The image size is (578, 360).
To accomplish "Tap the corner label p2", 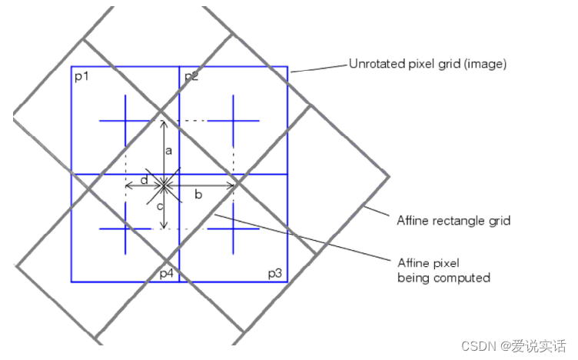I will point(191,77).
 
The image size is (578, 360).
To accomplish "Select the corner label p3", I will point(275,273).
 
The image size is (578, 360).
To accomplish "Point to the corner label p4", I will point(167,273).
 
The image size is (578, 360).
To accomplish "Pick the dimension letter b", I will point(198,195).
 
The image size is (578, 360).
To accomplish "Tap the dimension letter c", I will point(160,207).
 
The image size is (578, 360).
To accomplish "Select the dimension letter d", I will point(144,180).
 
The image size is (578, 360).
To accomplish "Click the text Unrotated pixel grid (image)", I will point(428,65).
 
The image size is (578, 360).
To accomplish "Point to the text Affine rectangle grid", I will point(453,221).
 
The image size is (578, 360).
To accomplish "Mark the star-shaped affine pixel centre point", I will point(163,185).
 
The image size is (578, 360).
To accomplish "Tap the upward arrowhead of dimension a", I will point(163,123).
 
